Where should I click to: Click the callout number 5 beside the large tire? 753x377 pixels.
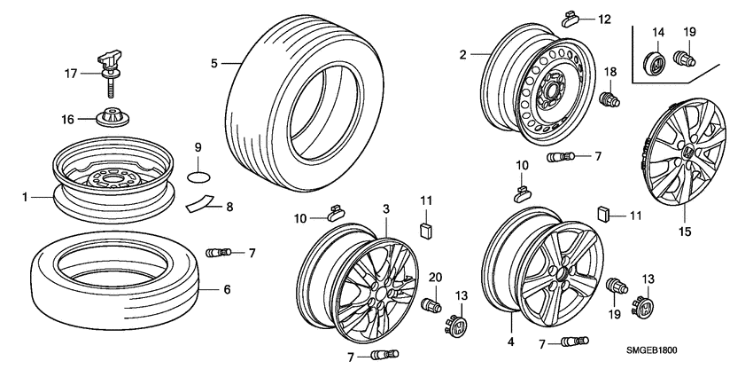(x=213, y=62)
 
